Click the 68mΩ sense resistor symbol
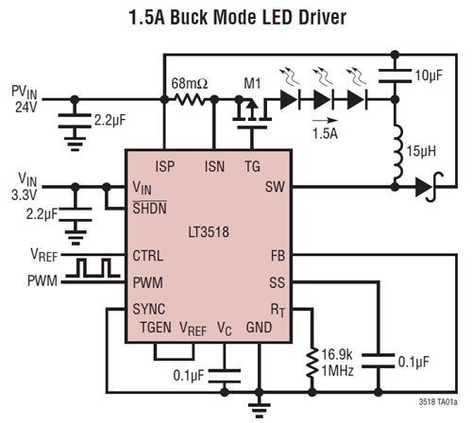click(x=190, y=100)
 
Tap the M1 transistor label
click(x=252, y=84)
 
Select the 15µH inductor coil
click(x=397, y=153)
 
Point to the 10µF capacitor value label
click(x=429, y=76)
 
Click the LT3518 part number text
click(x=209, y=232)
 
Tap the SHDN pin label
click(x=149, y=208)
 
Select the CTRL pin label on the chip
click(x=148, y=256)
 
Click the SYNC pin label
click(x=149, y=309)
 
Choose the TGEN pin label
click(x=156, y=328)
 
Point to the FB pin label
click(x=278, y=256)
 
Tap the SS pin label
click(x=277, y=282)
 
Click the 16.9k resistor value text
click(x=337, y=355)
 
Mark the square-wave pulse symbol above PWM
click(x=93, y=268)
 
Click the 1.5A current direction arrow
click(x=325, y=120)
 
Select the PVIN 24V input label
click(x=25, y=99)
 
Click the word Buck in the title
click(x=190, y=17)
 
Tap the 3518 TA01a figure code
click(x=438, y=402)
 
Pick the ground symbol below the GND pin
click(x=259, y=410)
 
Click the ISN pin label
click(x=214, y=166)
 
